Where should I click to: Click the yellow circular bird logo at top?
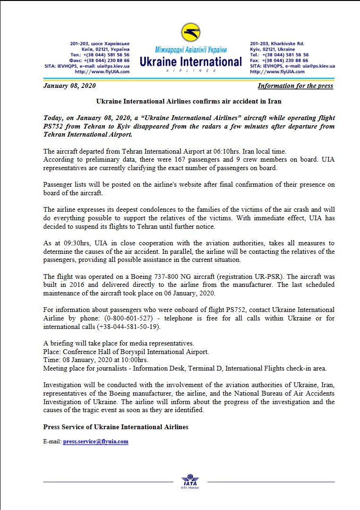point(190,33)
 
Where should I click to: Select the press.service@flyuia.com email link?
point(95,441)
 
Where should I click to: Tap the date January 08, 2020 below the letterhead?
point(69,86)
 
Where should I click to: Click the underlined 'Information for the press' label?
point(295,86)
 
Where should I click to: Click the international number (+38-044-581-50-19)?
point(129,327)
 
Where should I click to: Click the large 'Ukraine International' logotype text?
point(190,62)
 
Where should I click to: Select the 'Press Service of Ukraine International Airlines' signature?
point(116,426)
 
